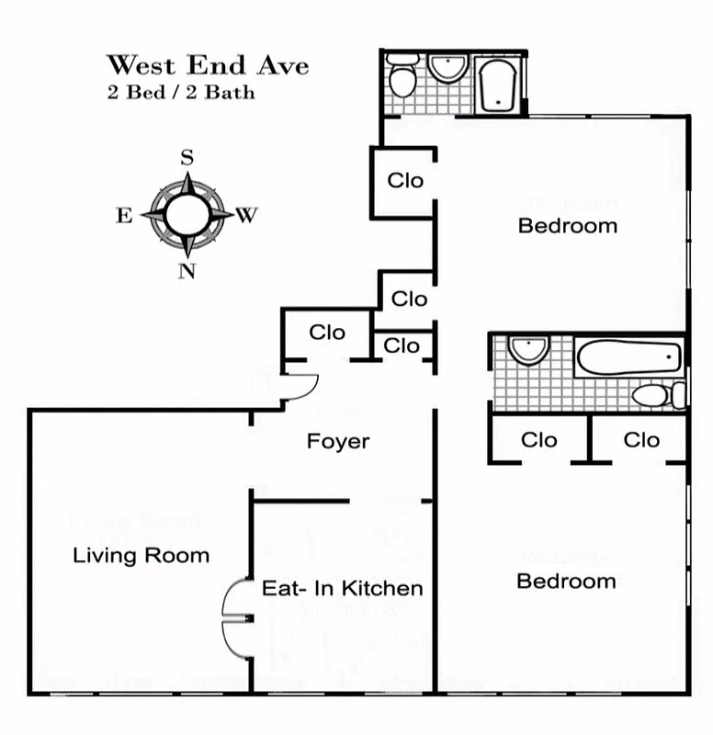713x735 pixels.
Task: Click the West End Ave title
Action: pyautogui.click(x=207, y=65)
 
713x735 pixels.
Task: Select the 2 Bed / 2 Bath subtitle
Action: pyautogui.click(x=181, y=92)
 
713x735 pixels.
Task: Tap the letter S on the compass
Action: pyautogui.click(x=187, y=157)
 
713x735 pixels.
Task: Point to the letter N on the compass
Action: pyautogui.click(x=187, y=270)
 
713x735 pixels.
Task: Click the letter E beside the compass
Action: pyautogui.click(x=123, y=215)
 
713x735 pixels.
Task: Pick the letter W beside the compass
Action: pyautogui.click(x=246, y=215)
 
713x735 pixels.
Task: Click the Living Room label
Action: pyautogui.click(x=141, y=555)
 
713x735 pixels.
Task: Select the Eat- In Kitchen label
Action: pyautogui.click(x=343, y=588)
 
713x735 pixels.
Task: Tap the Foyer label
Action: pyautogui.click(x=338, y=441)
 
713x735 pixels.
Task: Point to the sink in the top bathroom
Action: pyautogui.click(x=448, y=67)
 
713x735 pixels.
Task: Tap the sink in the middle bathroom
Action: pyautogui.click(x=528, y=348)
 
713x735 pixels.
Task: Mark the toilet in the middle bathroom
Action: pyautogui.click(x=658, y=396)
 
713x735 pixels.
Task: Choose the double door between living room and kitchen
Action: pyautogui.click(x=235, y=618)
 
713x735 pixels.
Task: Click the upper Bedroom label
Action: pyautogui.click(x=567, y=225)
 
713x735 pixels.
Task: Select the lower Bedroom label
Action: pyautogui.click(x=566, y=581)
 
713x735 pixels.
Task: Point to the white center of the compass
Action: pyautogui.click(x=187, y=214)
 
